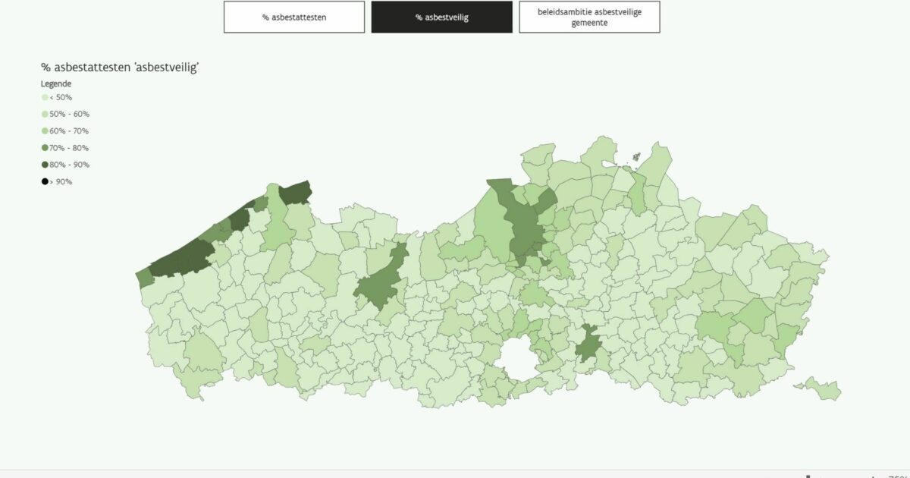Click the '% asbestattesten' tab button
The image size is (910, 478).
293,17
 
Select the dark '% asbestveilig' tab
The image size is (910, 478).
441,17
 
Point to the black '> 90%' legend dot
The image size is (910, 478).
45,181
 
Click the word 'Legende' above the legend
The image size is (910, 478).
56,83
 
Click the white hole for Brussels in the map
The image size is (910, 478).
518,356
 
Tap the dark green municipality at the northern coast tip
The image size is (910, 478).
295,193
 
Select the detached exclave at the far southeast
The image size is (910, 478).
822,388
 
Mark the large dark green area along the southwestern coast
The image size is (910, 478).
182,258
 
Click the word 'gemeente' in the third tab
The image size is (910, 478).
589,23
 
